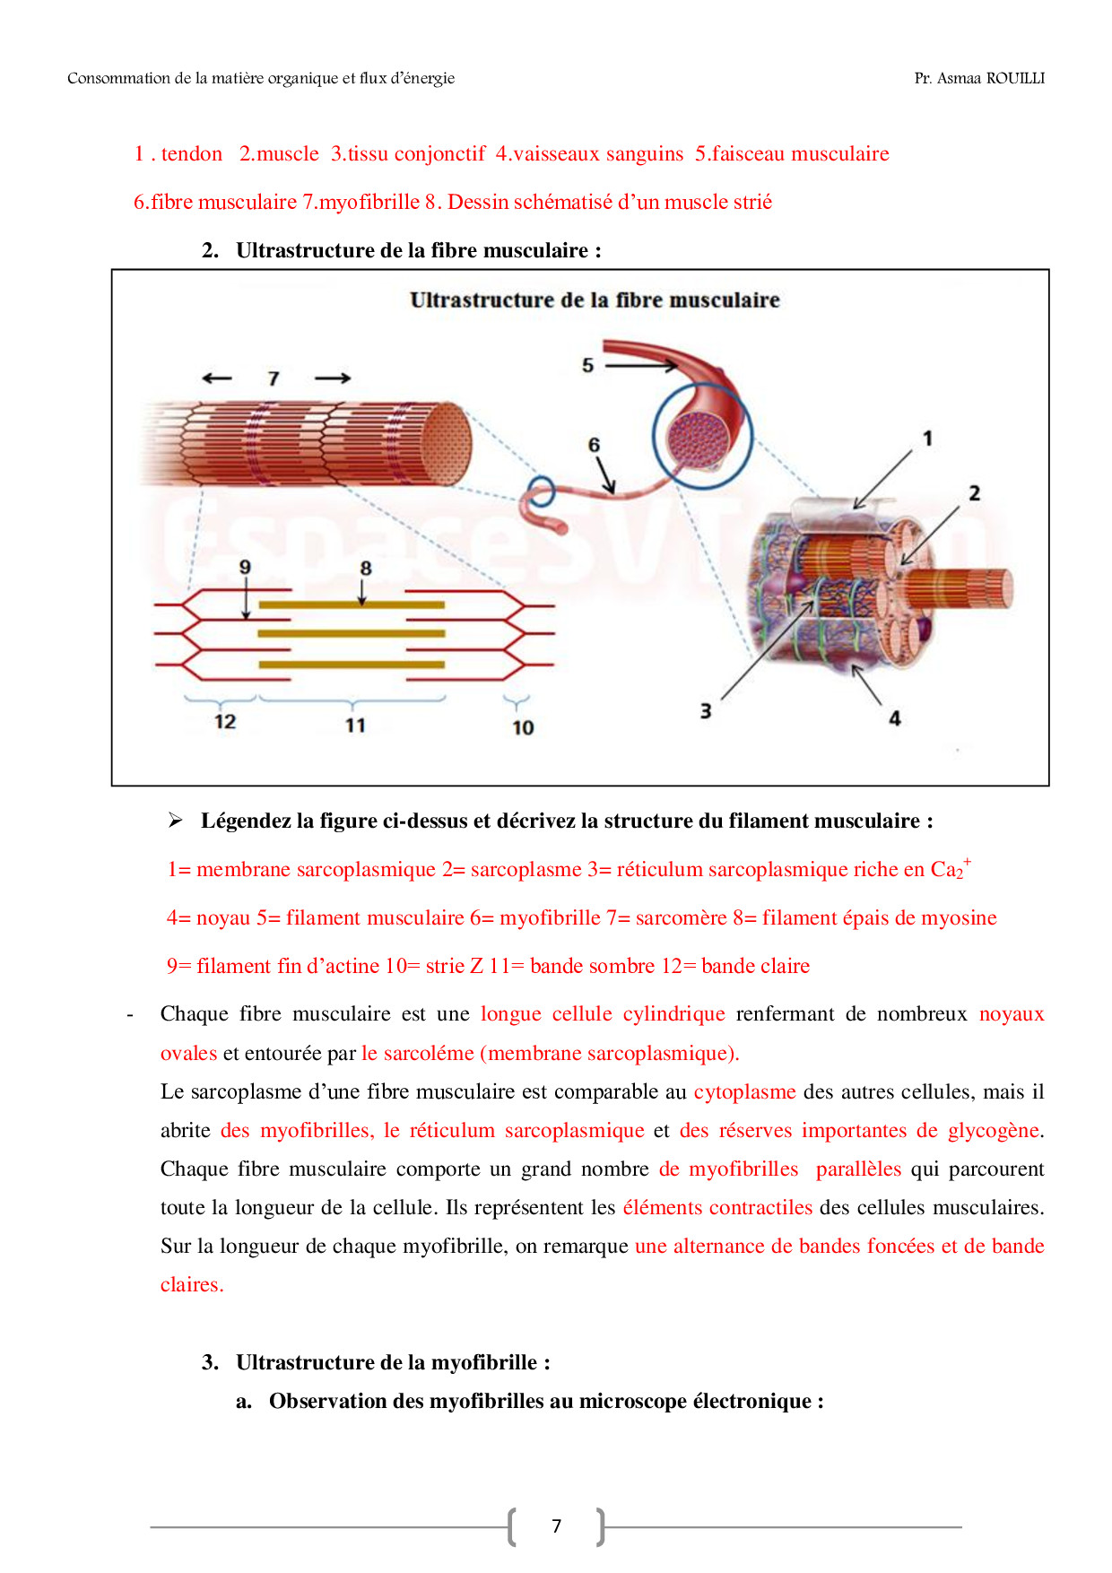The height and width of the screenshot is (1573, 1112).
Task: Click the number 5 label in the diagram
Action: click(587, 365)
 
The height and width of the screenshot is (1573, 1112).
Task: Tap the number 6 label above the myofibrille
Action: click(594, 445)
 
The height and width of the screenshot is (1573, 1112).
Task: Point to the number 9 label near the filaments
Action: click(245, 567)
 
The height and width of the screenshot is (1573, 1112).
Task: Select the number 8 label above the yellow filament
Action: click(365, 568)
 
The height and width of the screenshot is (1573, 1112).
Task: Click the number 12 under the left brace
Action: click(225, 722)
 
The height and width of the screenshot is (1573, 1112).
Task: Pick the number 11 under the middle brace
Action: click(355, 726)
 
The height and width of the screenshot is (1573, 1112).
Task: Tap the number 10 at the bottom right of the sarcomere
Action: click(523, 728)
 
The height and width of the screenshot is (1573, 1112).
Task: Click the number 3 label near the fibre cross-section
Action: click(706, 711)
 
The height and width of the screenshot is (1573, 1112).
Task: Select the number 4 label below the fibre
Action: click(894, 718)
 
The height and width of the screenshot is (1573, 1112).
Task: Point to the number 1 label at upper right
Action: click(928, 439)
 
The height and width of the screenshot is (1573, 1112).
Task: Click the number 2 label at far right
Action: click(975, 493)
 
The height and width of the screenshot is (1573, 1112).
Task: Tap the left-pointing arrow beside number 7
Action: click(217, 378)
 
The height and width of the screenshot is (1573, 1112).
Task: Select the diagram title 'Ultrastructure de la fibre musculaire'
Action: click(595, 300)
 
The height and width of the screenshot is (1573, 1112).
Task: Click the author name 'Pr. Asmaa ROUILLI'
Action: click(979, 79)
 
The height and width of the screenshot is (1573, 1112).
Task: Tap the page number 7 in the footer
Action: click(556, 1526)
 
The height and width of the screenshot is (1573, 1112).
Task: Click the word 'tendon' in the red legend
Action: click(192, 154)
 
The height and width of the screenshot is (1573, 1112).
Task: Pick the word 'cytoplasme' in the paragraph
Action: click(744, 1092)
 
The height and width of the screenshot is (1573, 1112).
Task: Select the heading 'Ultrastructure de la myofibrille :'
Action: click(393, 1363)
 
